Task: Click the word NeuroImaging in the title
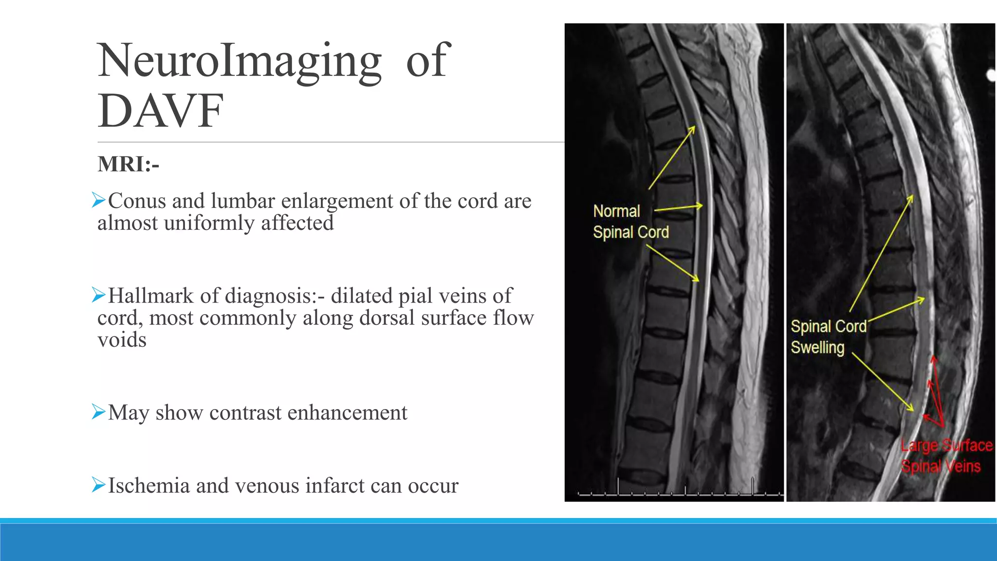point(240,61)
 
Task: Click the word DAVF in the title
point(161,111)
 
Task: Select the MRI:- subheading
point(129,164)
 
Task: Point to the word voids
point(122,339)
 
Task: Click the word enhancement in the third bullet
point(347,412)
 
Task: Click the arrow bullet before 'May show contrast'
point(99,412)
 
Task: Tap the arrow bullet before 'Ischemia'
point(99,485)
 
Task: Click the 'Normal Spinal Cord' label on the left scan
point(630,222)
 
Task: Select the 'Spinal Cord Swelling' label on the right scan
point(828,337)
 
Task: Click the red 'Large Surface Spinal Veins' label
point(945,456)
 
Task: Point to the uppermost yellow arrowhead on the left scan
point(693,129)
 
